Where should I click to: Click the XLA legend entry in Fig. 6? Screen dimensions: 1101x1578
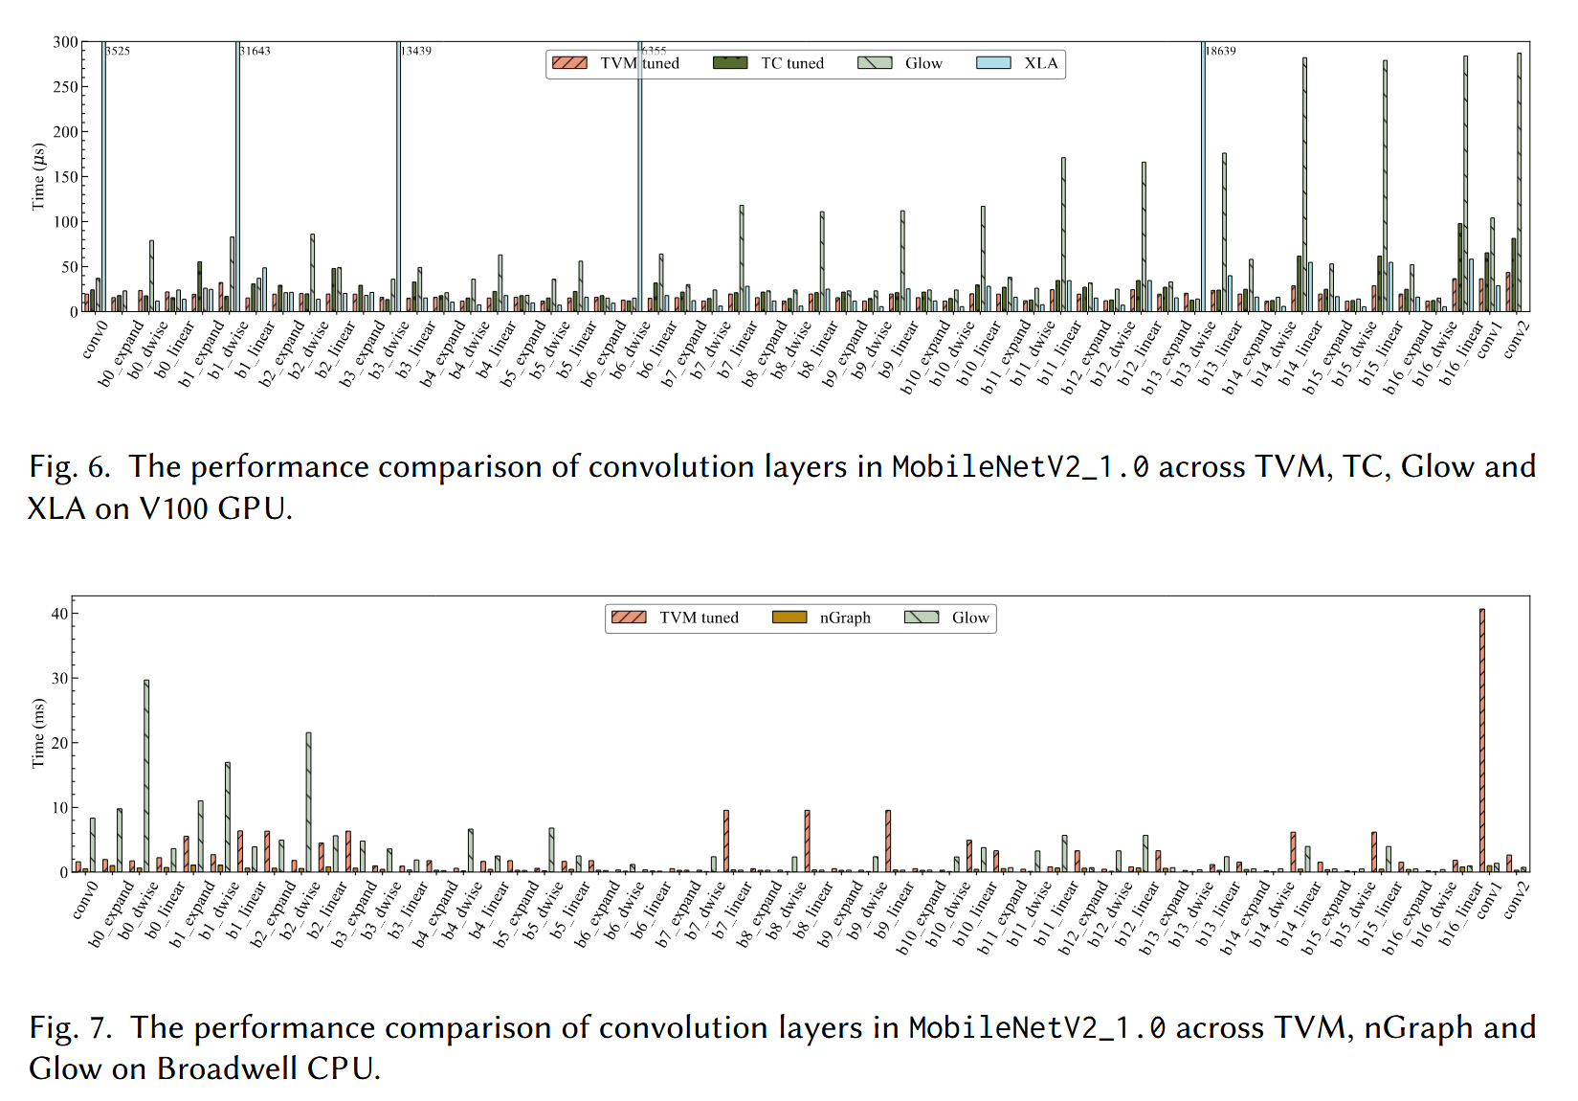coord(1018,63)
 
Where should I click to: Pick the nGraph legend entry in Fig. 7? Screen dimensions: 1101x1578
coord(822,618)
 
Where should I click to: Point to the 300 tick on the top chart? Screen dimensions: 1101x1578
coord(65,42)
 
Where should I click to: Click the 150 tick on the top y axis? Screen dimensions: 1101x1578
coord(65,177)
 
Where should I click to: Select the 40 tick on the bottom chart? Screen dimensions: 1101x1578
coord(59,614)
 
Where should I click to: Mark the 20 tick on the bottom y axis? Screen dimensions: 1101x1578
coord(59,743)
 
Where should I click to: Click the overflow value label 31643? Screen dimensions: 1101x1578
coord(256,51)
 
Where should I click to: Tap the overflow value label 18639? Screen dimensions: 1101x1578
coord(1220,51)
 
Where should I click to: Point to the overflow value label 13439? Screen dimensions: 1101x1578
coord(416,51)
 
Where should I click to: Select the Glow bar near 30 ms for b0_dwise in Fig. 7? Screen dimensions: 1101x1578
coord(146,775)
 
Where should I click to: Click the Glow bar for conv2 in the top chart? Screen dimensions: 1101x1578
coord(1519,182)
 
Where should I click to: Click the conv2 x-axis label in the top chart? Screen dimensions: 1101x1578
coord(1517,340)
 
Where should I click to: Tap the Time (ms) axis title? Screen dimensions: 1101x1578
coord(38,732)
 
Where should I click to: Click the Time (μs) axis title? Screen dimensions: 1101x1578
coord(38,177)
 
